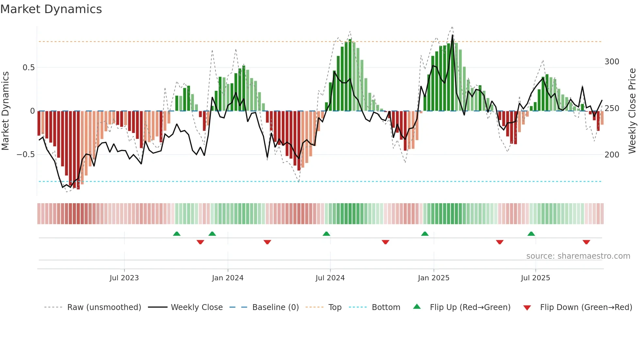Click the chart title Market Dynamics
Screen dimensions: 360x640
coord(51,9)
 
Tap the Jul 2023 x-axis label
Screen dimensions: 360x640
coord(124,278)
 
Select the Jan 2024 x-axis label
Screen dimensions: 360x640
coord(228,278)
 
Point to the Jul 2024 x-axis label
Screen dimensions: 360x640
coord(330,278)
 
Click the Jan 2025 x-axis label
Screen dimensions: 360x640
coord(434,278)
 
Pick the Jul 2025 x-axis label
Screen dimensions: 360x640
coord(536,278)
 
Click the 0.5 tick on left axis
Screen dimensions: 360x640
coord(29,68)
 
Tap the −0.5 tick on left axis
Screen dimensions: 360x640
coord(26,155)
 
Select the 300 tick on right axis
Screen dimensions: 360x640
coord(612,62)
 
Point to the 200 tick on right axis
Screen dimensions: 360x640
coord(612,155)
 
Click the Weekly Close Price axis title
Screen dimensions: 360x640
coord(632,111)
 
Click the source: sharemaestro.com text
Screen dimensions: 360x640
coord(578,256)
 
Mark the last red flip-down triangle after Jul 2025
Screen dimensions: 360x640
coord(586,242)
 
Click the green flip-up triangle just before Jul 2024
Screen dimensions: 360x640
coord(326,234)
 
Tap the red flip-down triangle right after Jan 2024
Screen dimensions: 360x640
coord(267,242)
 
